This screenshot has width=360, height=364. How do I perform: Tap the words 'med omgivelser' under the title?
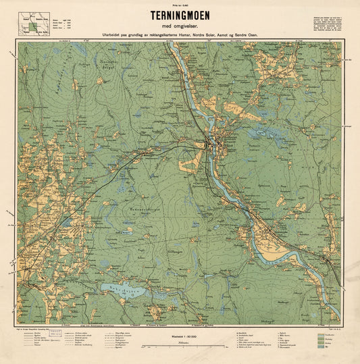(x=180, y=26)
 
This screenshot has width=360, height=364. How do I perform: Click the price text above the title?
(x=180, y=6)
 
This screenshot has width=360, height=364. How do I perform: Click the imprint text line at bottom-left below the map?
(x=41, y=326)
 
